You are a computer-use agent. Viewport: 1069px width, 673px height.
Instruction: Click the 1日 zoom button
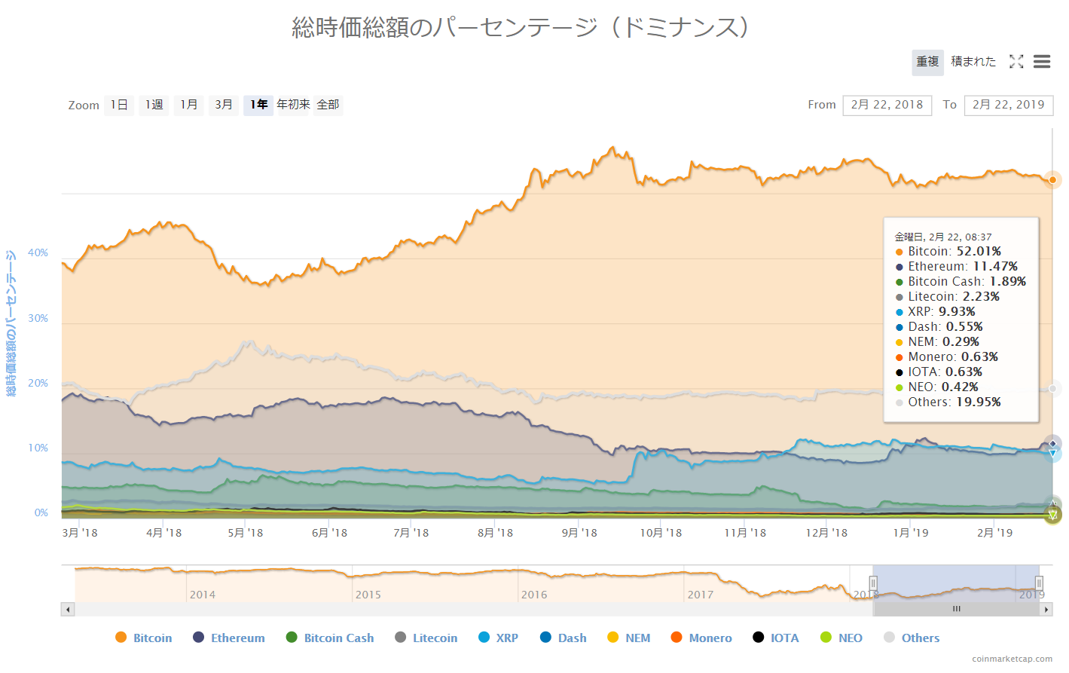coord(119,105)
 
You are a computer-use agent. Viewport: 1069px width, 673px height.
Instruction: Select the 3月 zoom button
coord(224,105)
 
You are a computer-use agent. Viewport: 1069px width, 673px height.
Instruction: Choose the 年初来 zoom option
coord(293,105)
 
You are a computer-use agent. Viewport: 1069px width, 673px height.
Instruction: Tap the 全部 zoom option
coord(328,105)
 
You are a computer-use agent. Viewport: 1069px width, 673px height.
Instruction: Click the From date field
coord(887,106)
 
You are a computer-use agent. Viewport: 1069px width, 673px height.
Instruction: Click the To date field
coord(1008,106)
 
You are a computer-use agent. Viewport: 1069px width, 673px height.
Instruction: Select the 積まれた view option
coord(973,62)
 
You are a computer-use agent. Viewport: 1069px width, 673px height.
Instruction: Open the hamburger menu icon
coord(1042,62)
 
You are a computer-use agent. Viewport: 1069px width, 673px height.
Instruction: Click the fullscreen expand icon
coord(1016,62)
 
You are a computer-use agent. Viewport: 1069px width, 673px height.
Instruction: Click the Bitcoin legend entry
coord(144,638)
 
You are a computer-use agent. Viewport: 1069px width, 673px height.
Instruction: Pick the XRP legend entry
coord(499,638)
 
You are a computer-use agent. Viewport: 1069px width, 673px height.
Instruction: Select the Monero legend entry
coord(701,638)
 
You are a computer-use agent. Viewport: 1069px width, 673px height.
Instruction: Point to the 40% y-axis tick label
coord(38,253)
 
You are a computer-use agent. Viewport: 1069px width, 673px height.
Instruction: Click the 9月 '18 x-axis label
coord(579,533)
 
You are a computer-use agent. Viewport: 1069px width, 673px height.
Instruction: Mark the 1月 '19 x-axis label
coord(911,533)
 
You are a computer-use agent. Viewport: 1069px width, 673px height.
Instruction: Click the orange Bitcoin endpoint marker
coord(1052,180)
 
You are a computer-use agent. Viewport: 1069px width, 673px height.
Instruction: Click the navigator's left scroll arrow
coord(68,609)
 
